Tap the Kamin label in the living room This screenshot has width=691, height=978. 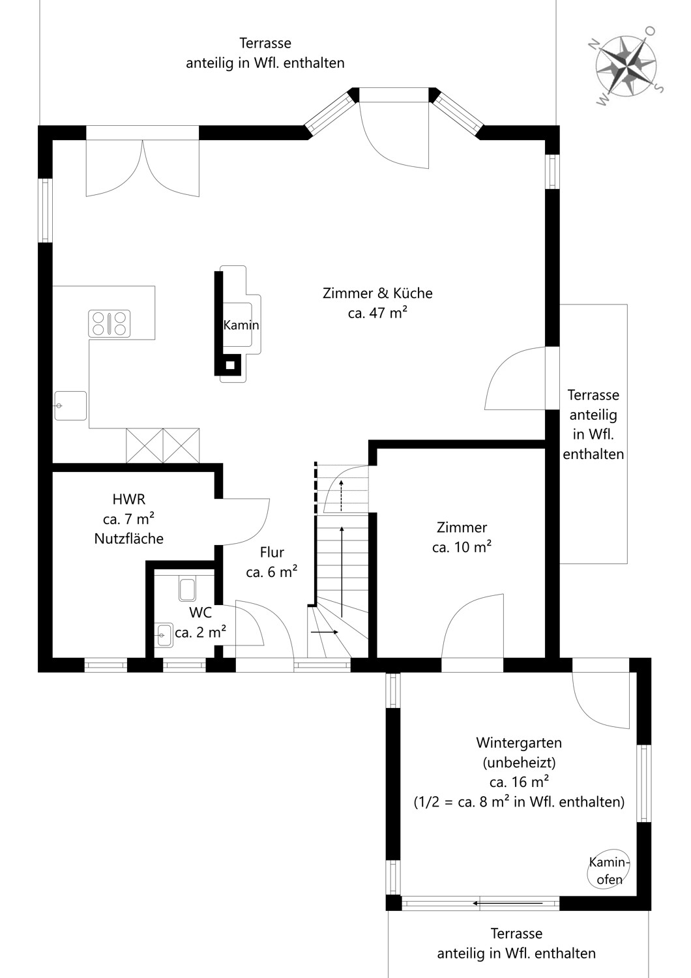pos(241,325)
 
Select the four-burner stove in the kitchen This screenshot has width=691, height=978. pos(109,323)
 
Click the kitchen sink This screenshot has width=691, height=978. pos(70,406)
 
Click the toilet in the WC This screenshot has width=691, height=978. pos(187,589)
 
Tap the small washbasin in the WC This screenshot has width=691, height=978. pos(164,635)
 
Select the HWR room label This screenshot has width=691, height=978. pos(129,499)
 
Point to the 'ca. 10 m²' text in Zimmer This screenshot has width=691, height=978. pos(462,546)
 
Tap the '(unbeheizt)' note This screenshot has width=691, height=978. pos(519,762)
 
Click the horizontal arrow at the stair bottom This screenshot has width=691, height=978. pos(325,632)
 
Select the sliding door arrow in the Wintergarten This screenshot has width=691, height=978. pos(508,903)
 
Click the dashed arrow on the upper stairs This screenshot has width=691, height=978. pos(342,496)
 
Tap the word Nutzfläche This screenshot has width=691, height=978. pos(129,539)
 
